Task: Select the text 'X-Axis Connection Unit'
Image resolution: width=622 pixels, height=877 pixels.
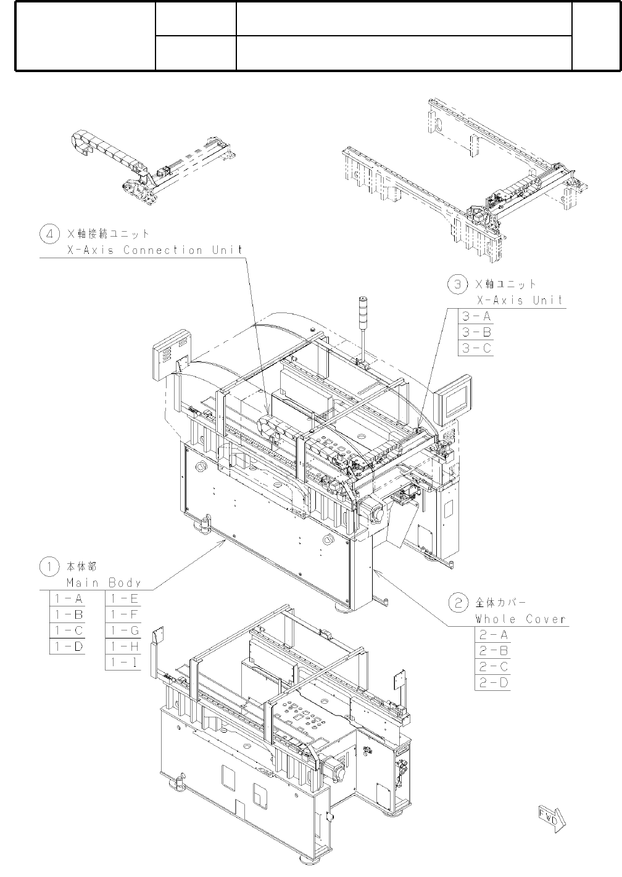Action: click(x=152, y=250)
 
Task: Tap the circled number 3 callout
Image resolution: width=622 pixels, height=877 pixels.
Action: click(x=457, y=284)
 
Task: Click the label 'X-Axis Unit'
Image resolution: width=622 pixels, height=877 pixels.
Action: click(x=520, y=300)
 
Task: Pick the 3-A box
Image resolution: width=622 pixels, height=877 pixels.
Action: click(x=476, y=316)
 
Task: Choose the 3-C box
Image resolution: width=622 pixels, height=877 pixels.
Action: click(x=476, y=348)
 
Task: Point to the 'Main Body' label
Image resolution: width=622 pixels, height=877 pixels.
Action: click(x=104, y=582)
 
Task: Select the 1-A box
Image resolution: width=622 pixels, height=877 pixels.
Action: click(x=67, y=598)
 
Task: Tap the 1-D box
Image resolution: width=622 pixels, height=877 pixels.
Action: click(x=67, y=647)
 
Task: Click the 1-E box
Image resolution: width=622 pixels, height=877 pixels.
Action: click(x=124, y=598)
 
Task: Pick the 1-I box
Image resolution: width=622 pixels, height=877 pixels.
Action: click(x=124, y=663)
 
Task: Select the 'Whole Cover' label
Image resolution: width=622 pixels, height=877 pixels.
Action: click(x=521, y=619)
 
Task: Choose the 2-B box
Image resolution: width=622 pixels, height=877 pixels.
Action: click(x=493, y=651)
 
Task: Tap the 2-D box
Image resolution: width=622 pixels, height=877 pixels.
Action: click(x=493, y=683)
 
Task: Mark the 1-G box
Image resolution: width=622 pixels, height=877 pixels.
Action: click(x=124, y=630)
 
